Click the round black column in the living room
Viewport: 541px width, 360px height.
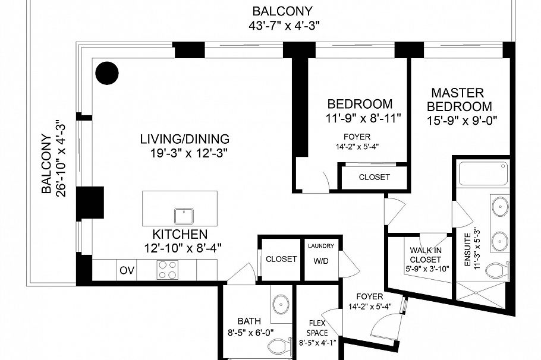[x=108, y=73]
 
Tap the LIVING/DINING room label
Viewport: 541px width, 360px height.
[x=184, y=140]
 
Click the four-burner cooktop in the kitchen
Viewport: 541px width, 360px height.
[x=168, y=270]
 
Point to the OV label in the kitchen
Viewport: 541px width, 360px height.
[x=127, y=270]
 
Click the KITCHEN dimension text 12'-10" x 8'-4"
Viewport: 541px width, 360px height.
[x=178, y=248]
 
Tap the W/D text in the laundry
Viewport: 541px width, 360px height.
[x=320, y=260]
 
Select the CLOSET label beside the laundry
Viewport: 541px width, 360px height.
[x=281, y=259]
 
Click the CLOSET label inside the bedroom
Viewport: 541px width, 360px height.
[x=374, y=177]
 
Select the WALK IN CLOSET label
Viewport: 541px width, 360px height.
[x=425, y=255]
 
